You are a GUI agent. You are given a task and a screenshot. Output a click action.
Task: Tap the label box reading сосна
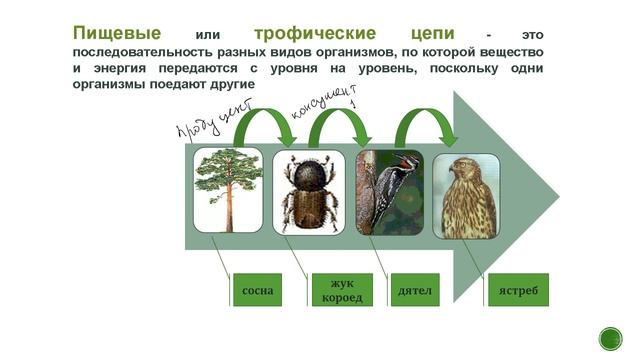(x=257, y=290)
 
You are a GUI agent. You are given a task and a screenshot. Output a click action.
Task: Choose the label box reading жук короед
(x=336, y=290)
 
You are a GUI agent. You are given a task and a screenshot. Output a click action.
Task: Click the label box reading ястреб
(x=518, y=290)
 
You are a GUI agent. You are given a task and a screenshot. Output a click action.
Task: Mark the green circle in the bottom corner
(x=610, y=338)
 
